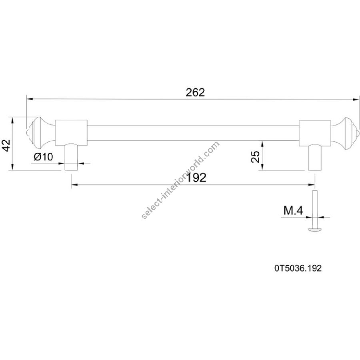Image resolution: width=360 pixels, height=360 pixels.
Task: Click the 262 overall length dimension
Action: (195, 92)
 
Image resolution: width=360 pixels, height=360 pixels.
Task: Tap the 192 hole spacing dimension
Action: (196, 178)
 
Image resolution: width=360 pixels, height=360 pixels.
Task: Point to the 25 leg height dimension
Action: (255, 156)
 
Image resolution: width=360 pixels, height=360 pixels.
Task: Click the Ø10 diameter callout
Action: (43, 157)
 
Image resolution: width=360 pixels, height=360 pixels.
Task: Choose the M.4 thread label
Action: (294, 210)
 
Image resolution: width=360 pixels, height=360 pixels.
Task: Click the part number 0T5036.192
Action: (298, 268)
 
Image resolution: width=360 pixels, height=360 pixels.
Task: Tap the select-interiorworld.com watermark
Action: (180, 180)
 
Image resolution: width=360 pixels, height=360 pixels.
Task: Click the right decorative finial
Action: (344, 134)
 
